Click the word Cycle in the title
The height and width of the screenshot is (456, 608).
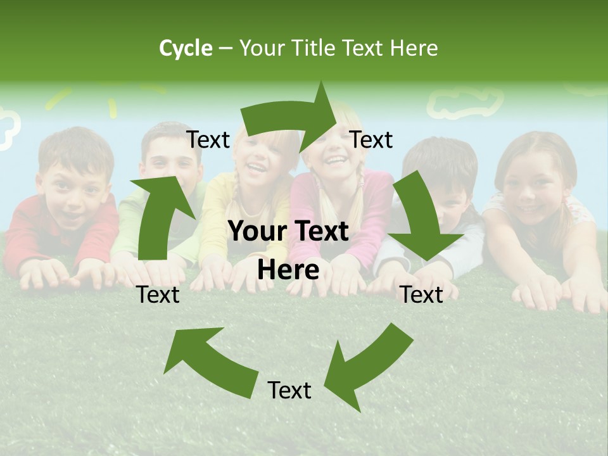[186, 48]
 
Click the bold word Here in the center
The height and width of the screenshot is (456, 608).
[288, 270]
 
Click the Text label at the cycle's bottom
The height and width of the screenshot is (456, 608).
[289, 390]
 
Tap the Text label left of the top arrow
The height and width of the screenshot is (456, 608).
[208, 140]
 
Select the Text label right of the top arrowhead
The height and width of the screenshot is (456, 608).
[371, 140]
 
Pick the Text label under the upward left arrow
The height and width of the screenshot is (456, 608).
[158, 294]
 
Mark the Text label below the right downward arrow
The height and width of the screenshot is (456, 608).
[422, 294]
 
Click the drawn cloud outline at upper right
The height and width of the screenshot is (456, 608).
[465, 101]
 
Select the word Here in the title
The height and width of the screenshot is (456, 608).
[415, 48]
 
